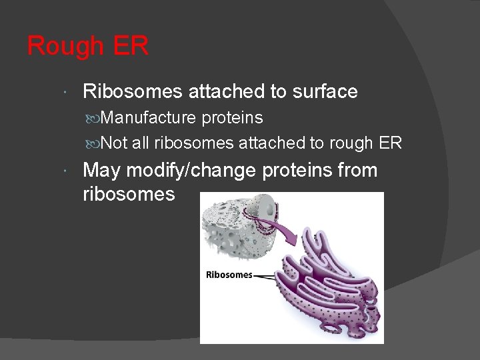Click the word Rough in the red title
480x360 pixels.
tap(64, 46)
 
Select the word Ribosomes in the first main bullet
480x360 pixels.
tap(133, 91)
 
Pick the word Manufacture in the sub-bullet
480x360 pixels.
tap(149, 118)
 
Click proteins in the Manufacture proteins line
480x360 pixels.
tap(232, 118)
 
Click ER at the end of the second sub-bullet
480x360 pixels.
tap(390, 143)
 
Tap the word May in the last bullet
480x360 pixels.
tap(101, 171)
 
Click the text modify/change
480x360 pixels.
tap(191, 171)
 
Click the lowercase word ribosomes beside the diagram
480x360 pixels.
tap(129, 194)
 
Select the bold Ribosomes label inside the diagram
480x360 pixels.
tap(229, 275)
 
